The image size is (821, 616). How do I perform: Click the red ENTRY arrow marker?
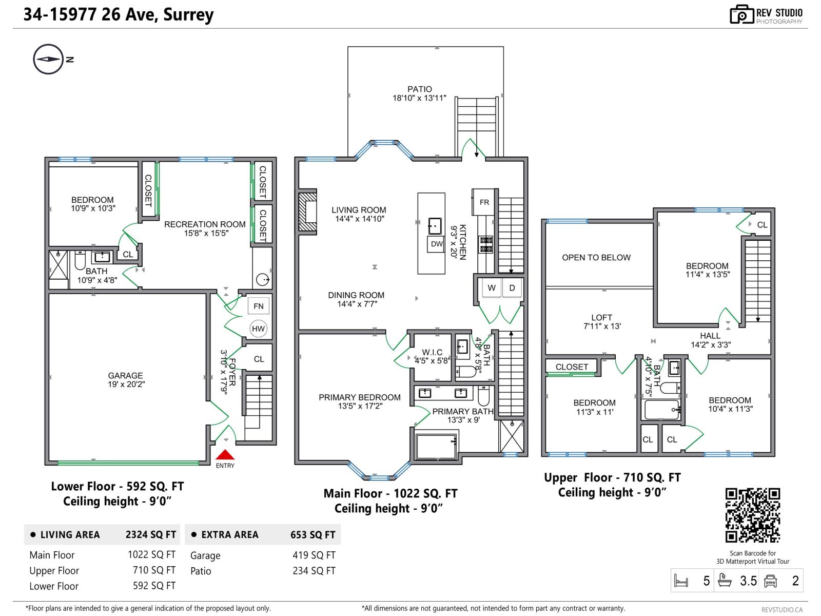[225, 455]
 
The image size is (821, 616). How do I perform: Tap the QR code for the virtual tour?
[752, 515]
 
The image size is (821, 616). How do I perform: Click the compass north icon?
[48, 60]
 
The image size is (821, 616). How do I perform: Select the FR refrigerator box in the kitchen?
[484, 202]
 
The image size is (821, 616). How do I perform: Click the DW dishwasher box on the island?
[436, 244]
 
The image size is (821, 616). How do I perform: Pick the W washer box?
[491, 288]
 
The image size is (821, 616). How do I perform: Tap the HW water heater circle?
[258, 329]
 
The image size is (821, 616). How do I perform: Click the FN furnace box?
[258, 306]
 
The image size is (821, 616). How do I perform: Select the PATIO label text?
[420, 89]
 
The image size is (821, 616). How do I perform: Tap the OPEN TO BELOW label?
[596, 258]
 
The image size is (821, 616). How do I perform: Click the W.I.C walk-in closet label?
[432, 352]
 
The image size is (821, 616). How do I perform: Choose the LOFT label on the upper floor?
[601, 318]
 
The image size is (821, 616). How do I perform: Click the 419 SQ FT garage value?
[314, 555]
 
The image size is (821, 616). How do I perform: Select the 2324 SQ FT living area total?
[151, 535]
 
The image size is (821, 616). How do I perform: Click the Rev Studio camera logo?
[741, 15]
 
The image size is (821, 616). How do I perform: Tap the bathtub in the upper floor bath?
[661, 410]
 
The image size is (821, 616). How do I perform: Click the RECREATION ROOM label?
[205, 224]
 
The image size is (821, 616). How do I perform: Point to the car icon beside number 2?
[771, 581]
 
